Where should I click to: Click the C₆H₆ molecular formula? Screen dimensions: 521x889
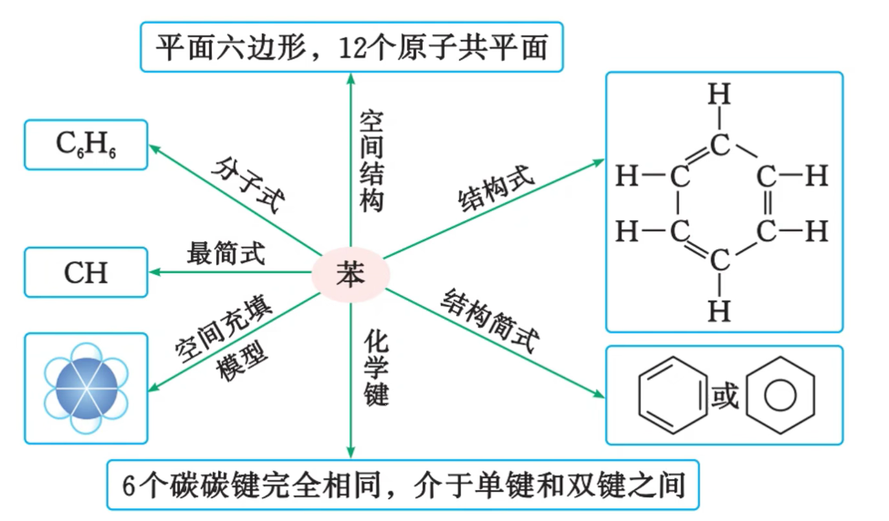[x=86, y=145]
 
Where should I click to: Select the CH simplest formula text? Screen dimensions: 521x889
[x=86, y=273]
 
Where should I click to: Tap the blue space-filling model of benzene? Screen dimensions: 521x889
[x=86, y=388]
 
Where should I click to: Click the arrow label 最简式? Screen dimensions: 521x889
[x=226, y=254]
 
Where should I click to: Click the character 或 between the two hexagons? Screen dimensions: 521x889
[x=726, y=396]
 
